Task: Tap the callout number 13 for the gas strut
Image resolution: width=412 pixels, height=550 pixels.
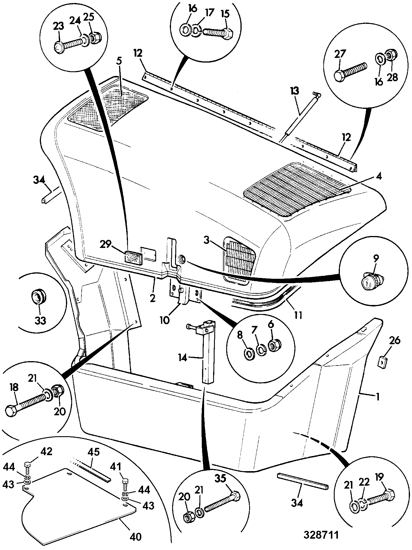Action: tap(294, 91)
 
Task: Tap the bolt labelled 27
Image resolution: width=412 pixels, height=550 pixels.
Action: tap(351, 72)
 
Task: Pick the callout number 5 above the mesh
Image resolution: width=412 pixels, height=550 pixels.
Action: tap(120, 62)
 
